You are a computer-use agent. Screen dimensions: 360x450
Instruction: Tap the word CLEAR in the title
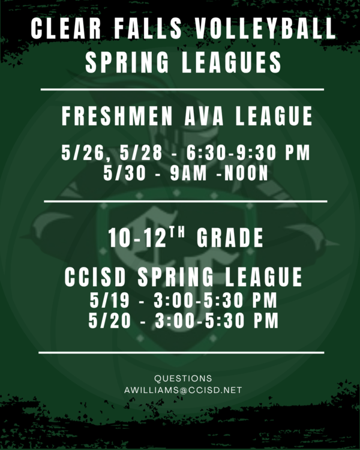[66, 28]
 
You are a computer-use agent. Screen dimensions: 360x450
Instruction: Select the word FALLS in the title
[148, 28]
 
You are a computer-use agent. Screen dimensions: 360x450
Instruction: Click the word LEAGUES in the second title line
[232, 62]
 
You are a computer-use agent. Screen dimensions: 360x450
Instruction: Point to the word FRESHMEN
[117, 116]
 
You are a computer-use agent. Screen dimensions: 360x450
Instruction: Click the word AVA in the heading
[204, 116]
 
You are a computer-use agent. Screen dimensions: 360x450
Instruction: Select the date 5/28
[141, 152]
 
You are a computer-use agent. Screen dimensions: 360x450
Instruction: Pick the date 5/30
[124, 173]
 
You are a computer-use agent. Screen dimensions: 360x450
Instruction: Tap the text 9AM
[188, 173]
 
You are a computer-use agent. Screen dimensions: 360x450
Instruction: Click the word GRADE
[230, 238]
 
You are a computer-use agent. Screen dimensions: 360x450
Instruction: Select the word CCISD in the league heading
[95, 277]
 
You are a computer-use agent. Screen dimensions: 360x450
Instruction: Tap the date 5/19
[109, 300]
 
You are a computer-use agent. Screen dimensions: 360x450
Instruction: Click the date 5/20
[109, 320]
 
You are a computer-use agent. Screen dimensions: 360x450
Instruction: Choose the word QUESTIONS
[183, 379]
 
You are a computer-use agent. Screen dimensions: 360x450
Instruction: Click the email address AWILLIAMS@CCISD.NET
[183, 391]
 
